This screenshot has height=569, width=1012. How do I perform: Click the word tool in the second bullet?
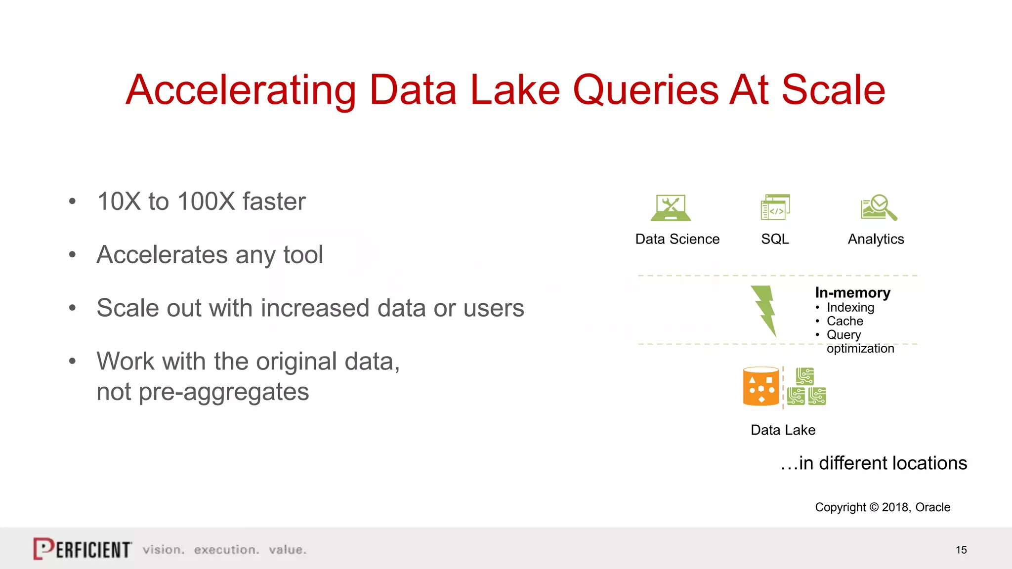click(303, 255)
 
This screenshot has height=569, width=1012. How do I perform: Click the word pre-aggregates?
click(203, 392)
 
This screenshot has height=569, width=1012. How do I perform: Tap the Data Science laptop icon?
click(671, 208)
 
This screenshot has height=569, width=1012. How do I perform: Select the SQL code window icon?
click(775, 207)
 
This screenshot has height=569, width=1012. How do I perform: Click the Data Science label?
click(677, 239)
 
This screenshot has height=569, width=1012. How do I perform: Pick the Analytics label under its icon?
click(876, 239)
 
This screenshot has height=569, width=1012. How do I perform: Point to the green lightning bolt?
click(764, 310)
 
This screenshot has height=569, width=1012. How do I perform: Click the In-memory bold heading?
click(852, 293)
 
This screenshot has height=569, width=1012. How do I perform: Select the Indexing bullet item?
click(850, 307)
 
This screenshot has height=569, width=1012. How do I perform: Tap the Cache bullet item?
click(844, 321)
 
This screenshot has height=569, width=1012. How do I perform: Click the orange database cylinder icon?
click(761, 387)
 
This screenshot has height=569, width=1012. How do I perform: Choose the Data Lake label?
click(783, 430)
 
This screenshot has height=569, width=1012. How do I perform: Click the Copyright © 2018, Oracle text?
click(883, 507)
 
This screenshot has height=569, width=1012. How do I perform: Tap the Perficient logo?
click(83, 549)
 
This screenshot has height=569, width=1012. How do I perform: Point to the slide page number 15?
click(961, 550)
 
